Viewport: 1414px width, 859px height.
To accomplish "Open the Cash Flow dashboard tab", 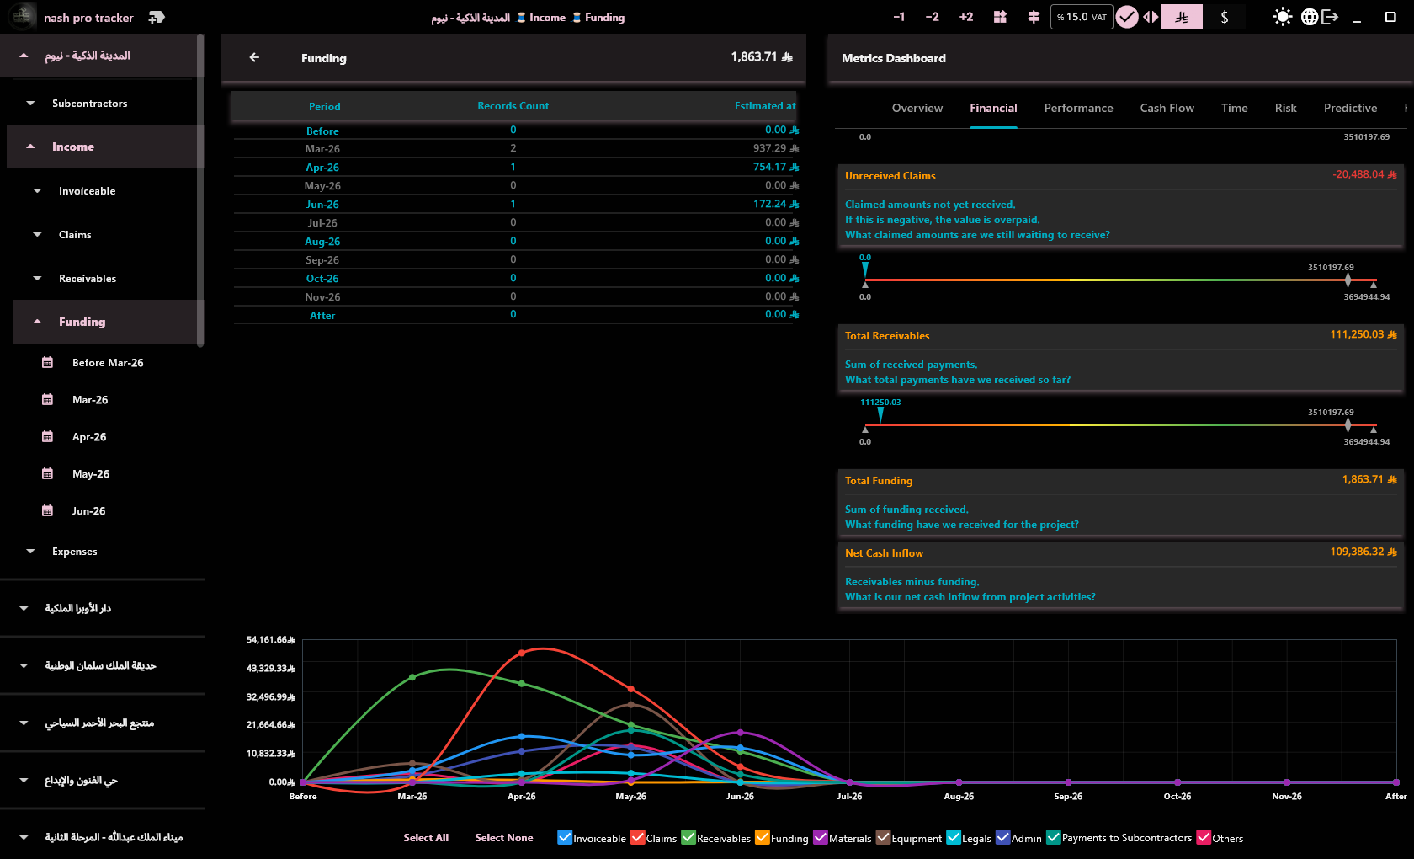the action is tap(1167, 108).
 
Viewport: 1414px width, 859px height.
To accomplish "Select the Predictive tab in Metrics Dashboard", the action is tap(1350, 108).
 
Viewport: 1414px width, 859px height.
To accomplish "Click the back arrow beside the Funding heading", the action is tap(254, 57).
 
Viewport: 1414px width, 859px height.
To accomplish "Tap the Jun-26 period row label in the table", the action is tap(322, 204).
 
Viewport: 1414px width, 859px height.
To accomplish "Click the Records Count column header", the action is tap(513, 106).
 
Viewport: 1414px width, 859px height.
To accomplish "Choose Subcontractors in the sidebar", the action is tap(89, 103).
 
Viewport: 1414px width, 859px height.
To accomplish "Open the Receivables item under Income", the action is tap(88, 278).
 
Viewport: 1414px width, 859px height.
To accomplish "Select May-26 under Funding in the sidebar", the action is tap(90, 473).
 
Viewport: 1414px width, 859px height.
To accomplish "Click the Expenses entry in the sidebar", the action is tap(74, 552).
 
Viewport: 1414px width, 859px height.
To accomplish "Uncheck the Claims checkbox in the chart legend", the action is tap(638, 837).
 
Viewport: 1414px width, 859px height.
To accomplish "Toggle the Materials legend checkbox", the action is tap(820, 837).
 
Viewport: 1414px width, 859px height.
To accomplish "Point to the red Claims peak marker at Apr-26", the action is tap(522, 654).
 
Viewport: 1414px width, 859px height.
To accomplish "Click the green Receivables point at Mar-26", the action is tap(412, 677).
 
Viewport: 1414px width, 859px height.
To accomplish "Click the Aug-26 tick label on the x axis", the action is tap(958, 797).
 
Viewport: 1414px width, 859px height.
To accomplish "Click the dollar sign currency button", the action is tap(1224, 17).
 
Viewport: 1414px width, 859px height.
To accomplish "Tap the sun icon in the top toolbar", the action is tap(1282, 17).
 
